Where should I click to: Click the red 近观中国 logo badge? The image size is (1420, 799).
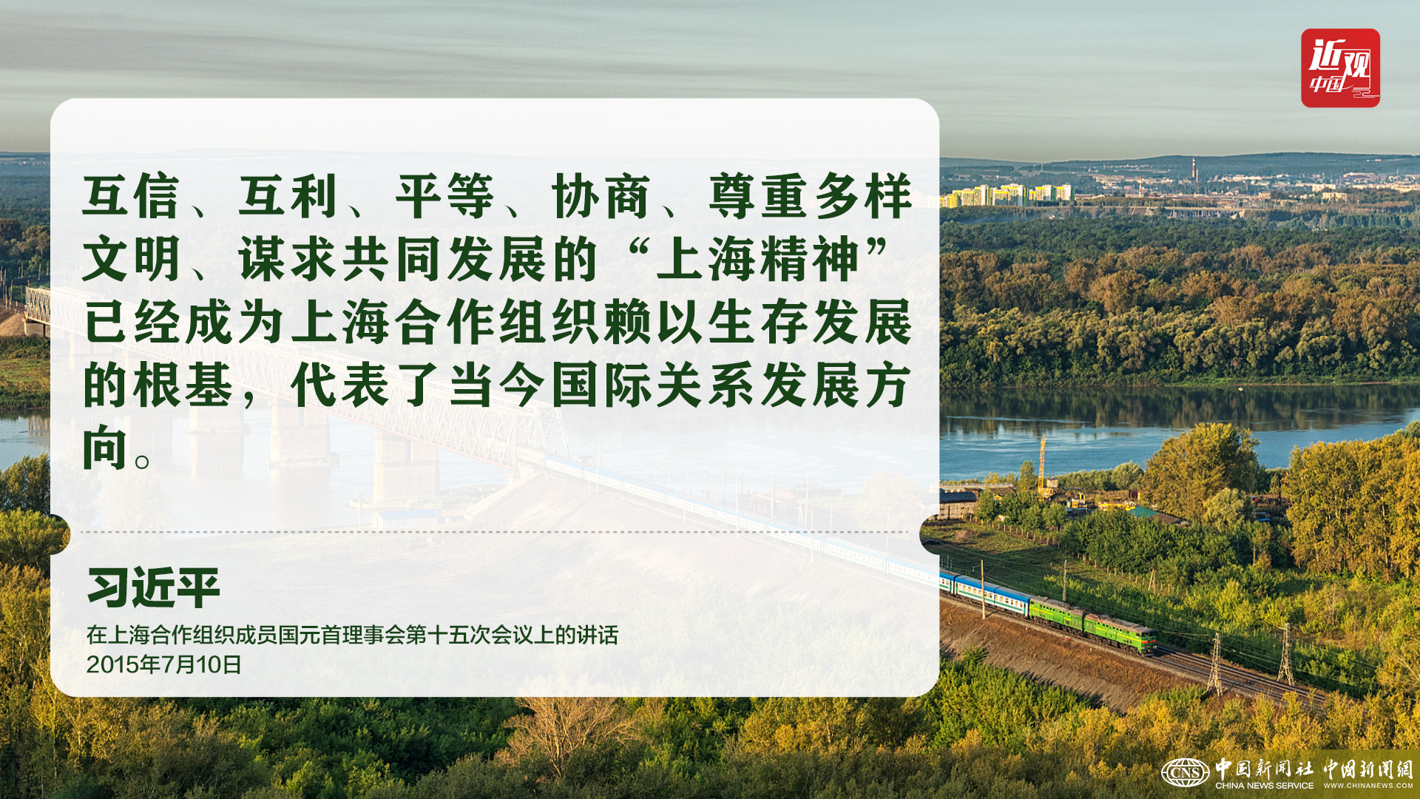click(1340, 68)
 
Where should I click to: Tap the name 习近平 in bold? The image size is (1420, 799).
click(154, 588)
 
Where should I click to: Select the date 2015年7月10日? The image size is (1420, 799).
click(164, 664)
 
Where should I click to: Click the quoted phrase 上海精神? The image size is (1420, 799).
click(757, 260)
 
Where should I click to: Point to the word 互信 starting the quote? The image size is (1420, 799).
click(131, 197)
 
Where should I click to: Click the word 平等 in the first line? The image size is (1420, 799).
click(444, 197)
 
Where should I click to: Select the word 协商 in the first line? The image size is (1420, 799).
click(601, 197)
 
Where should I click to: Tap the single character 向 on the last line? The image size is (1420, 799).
click(105, 448)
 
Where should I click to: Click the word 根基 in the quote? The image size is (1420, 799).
click(183, 385)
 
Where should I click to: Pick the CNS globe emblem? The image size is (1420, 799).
click(1185, 773)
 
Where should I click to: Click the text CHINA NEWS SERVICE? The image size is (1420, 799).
click(1264, 786)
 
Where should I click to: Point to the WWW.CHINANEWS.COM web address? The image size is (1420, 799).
click(1368, 786)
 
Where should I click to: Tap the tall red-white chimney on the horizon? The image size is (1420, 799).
click(1194, 168)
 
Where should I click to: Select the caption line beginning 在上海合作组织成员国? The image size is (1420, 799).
click(352, 635)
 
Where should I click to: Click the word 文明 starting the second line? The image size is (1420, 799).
click(131, 260)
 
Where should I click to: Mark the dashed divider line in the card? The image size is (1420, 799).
click(494, 532)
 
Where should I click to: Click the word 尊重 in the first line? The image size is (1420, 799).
click(757, 197)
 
